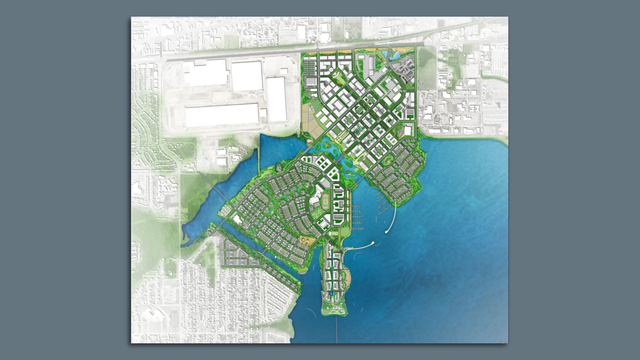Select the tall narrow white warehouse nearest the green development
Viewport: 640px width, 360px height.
click(276, 99)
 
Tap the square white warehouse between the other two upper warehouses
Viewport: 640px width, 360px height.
click(246, 78)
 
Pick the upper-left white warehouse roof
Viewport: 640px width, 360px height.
click(205, 73)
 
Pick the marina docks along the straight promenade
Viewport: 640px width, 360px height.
click(356, 216)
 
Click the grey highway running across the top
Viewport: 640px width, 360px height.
click(240, 56)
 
